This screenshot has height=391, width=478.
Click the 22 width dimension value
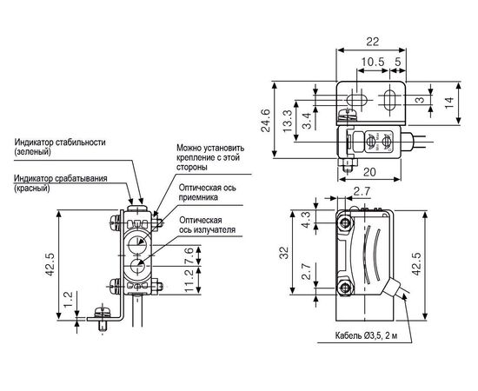tap(372, 42)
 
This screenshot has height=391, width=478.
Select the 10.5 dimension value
tap(373, 62)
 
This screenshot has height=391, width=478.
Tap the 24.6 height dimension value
tap(266, 120)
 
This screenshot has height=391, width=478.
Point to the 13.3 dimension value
tap(287, 122)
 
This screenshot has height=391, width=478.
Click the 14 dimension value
tap(448, 103)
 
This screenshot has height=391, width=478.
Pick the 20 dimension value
tap(369, 173)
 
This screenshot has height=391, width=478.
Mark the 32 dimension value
tap(284, 253)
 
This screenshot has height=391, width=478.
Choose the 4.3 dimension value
tap(306, 220)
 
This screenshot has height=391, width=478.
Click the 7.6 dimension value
tap(189, 255)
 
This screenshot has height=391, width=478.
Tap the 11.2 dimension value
tap(189, 281)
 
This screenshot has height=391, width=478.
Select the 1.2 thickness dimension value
tap(68, 300)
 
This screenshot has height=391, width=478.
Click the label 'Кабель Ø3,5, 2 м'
tap(366, 336)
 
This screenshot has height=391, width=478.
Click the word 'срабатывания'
tap(81, 179)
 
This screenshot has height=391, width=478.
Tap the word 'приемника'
tap(198, 197)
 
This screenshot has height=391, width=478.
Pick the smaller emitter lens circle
tap(137, 267)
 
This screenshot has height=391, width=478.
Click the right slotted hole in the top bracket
tap(388, 100)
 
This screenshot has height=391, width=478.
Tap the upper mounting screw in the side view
tap(345, 223)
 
